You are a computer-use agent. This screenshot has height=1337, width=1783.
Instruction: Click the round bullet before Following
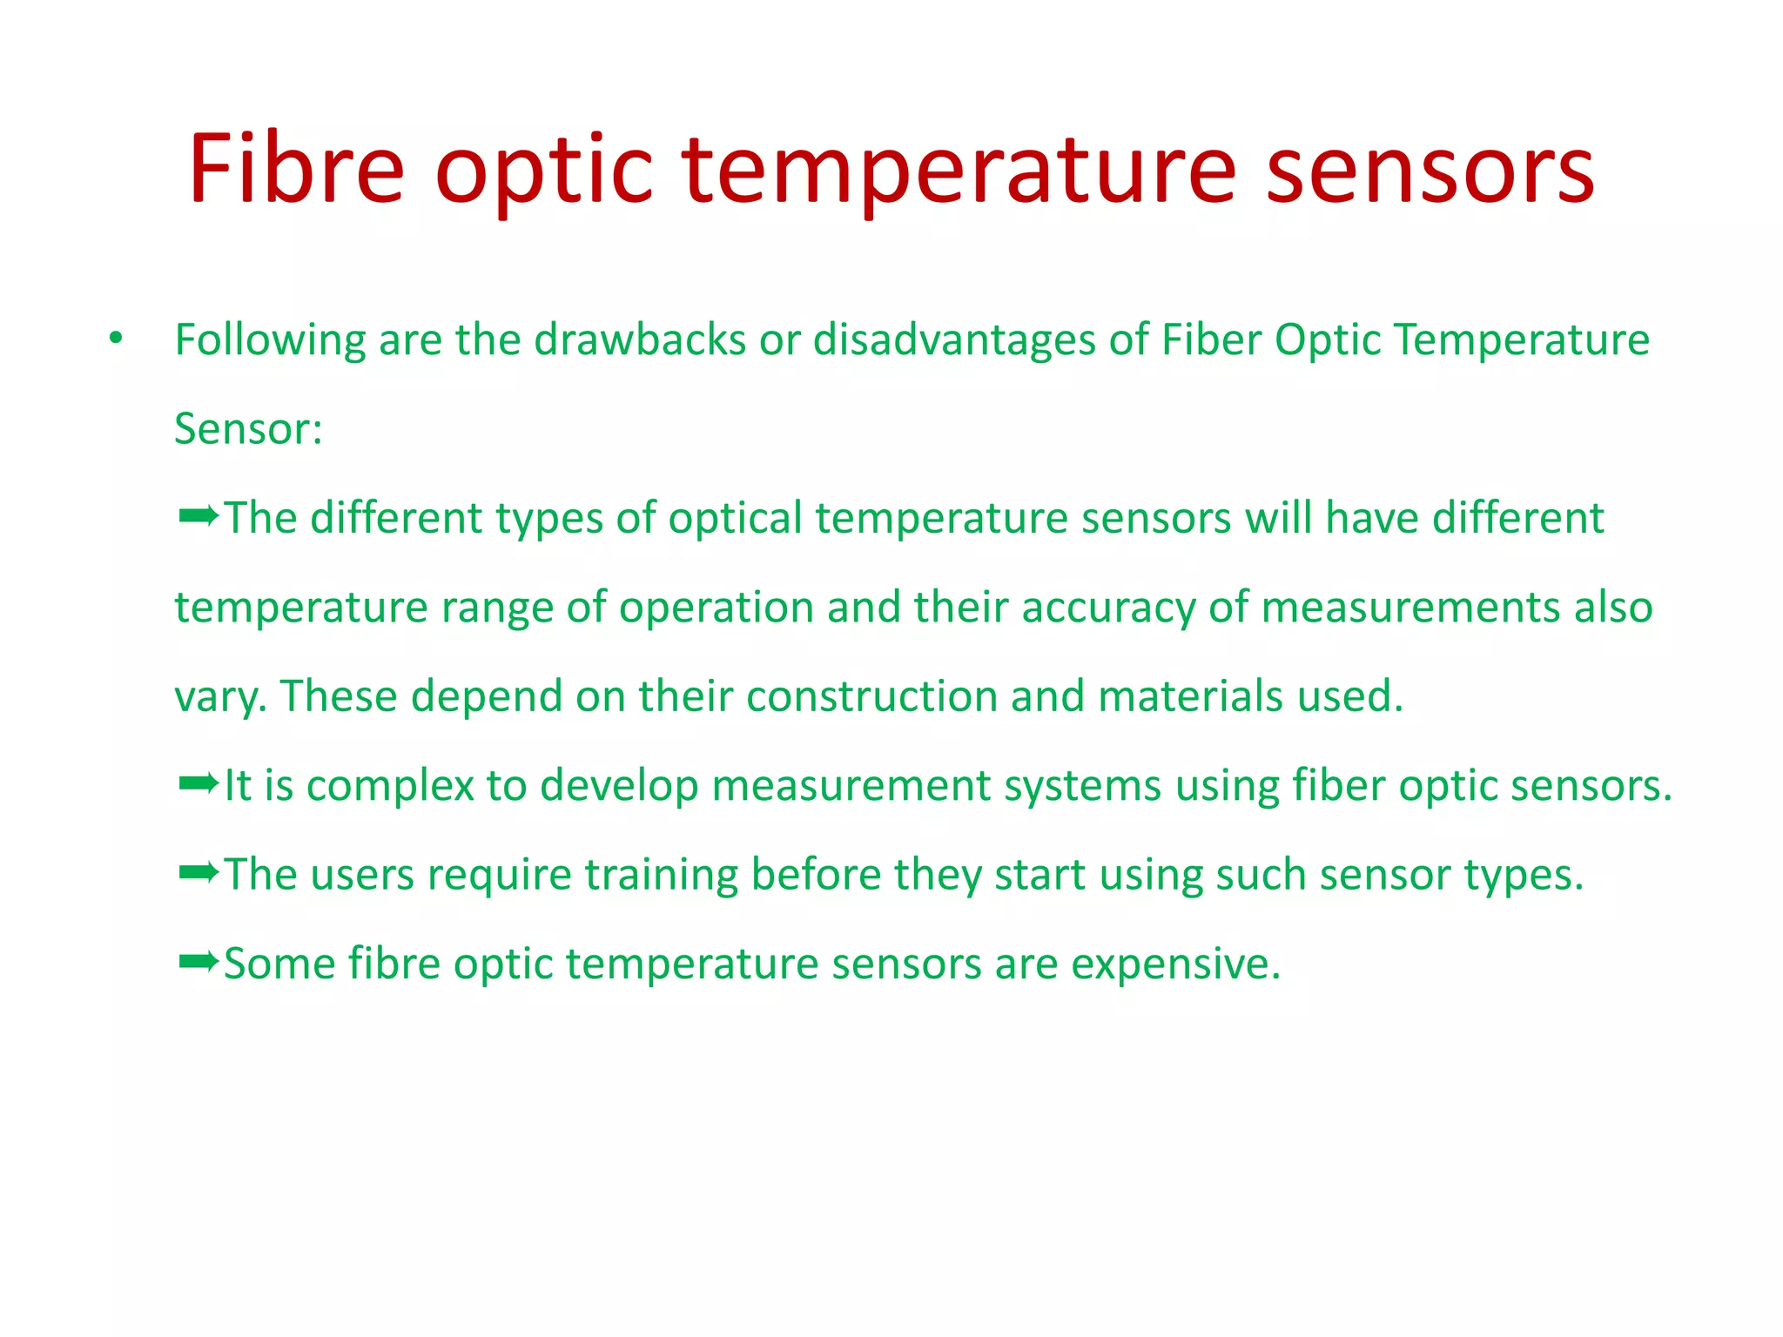coord(116,339)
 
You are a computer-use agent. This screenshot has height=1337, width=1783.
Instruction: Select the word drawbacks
coord(640,339)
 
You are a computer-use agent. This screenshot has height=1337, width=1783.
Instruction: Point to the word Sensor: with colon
coord(248,429)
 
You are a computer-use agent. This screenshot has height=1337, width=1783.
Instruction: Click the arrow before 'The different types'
coord(198,517)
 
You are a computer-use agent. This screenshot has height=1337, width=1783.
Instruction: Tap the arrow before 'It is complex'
coord(198,784)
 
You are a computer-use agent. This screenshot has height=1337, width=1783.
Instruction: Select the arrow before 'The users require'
coord(198,873)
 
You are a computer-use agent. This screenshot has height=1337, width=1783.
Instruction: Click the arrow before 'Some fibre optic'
coord(198,963)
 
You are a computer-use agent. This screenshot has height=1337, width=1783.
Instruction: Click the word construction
coord(871,696)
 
